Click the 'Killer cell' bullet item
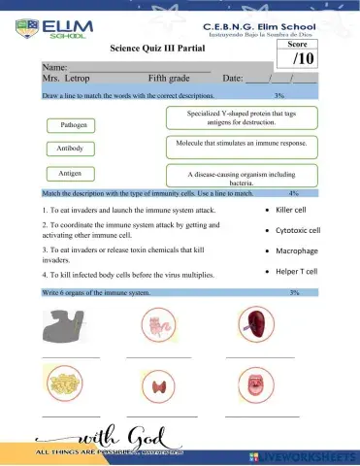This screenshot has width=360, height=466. [x=297, y=209]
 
